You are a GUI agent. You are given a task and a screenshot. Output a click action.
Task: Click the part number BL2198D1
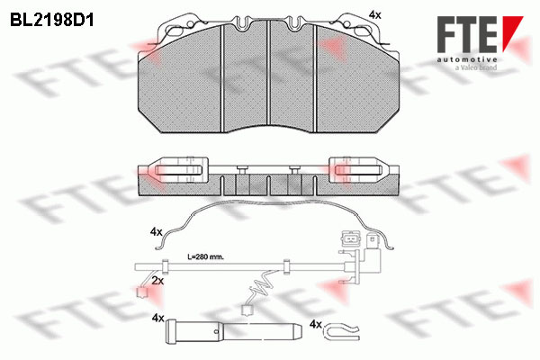pyautogui.click(x=52, y=21)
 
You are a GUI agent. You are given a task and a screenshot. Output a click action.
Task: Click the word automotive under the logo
pyautogui.click(x=466, y=59)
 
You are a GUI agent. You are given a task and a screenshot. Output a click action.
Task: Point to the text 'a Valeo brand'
pyautogui.click(x=475, y=67)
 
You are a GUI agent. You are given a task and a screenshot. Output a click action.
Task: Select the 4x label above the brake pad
pyautogui.click(x=374, y=14)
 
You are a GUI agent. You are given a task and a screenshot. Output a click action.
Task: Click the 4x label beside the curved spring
pyautogui.click(x=156, y=232)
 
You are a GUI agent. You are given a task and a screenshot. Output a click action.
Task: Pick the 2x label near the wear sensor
pyautogui.click(x=157, y=281)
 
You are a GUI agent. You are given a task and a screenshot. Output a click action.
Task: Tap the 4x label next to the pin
pyautogui.click(x=157, y=319)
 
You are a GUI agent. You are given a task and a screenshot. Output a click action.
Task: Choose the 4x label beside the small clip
pyautogui.click(x=316, y=325)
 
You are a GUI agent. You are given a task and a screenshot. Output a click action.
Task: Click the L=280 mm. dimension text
pyautogui.click(x=205, y=257)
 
